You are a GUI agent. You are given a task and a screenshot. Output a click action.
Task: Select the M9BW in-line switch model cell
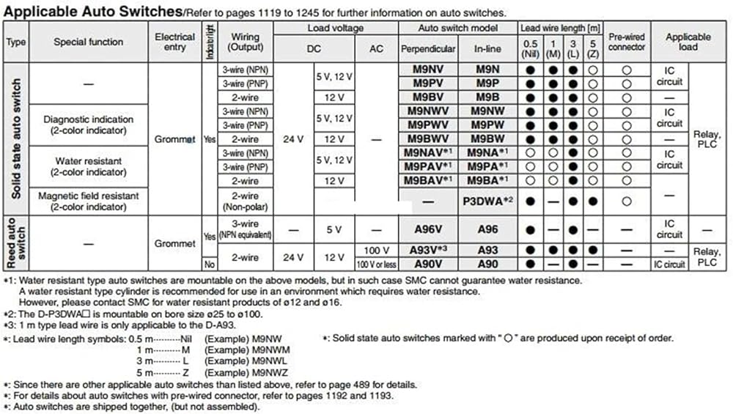(487, 139)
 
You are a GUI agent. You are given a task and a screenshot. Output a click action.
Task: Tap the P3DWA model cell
(487, 200)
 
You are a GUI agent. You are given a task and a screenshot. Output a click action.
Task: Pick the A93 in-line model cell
(487, 251)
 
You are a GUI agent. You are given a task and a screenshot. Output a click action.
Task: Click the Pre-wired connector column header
(627, 42)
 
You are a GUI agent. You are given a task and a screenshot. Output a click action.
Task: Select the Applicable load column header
(688, 42)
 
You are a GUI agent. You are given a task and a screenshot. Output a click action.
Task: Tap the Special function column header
(89, 42)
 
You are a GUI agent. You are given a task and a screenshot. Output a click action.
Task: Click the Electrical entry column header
(175, 42)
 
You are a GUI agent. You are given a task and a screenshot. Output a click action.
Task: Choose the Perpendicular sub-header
(428, 49)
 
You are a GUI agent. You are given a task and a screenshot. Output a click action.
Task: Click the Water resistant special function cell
(89, 166)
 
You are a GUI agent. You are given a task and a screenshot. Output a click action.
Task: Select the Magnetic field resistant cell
(89, 201)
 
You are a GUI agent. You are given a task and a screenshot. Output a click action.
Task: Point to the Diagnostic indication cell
(89, 125)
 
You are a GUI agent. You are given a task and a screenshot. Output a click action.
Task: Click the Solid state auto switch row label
(16, 138)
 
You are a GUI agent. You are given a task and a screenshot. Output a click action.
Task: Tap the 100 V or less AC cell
(376, 264)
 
